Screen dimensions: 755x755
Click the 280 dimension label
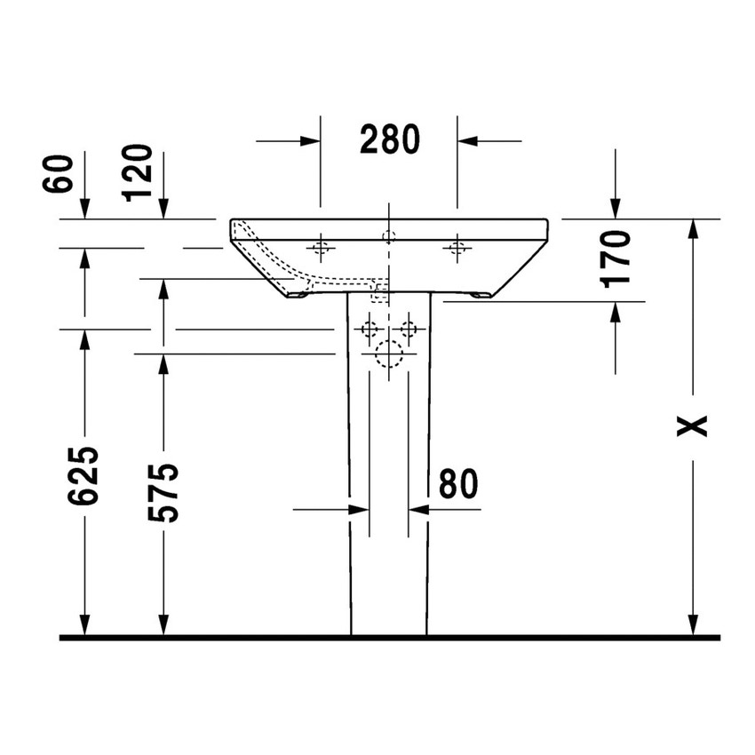click(x=389, y=140)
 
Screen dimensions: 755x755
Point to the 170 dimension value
click(x=616, y=258)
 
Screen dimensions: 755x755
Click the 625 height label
click(x=84, y=476)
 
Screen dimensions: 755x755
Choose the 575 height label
click(x=163, y=492)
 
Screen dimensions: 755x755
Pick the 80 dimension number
click(x=458, y=483)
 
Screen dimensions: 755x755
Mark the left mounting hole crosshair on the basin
click(x=321, y=248)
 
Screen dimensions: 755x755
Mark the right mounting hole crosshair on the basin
click(x=457, y=248)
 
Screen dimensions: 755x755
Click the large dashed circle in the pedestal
click(x=389, y=354)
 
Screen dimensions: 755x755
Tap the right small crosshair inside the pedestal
click(x=409, y=330)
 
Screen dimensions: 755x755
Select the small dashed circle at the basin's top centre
click(x=388, y=236)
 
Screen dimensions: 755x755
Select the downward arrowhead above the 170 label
click(x=616, y=208)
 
